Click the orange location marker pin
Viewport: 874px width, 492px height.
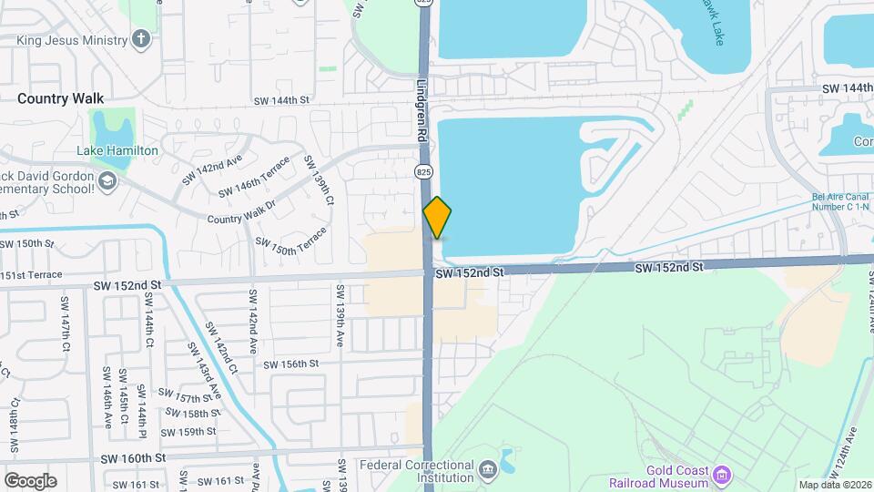[438, 218]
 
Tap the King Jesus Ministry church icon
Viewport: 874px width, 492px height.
[140, 38]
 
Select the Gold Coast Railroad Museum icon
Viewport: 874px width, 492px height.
[722, 474]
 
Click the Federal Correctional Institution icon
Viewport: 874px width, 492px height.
[488, 470]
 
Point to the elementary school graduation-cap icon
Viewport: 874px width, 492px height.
[107, 181]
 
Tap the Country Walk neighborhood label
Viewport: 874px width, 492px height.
[61, 98]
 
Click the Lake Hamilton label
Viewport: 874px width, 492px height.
[118, 150]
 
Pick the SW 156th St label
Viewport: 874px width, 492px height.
[291, 364]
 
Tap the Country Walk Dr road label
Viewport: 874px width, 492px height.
[245, 213]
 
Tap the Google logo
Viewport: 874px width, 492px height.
[29, 480]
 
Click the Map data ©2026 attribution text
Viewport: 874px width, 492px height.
[835, 485]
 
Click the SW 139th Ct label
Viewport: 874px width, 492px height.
[320, 179]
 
